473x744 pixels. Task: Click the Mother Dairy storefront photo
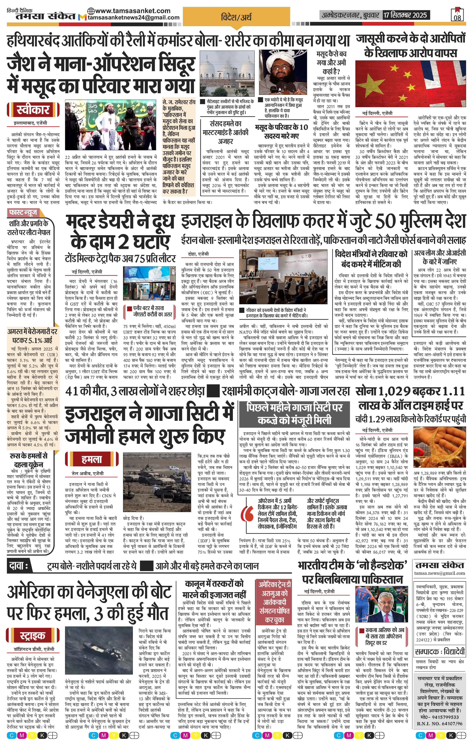pos(149,283)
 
